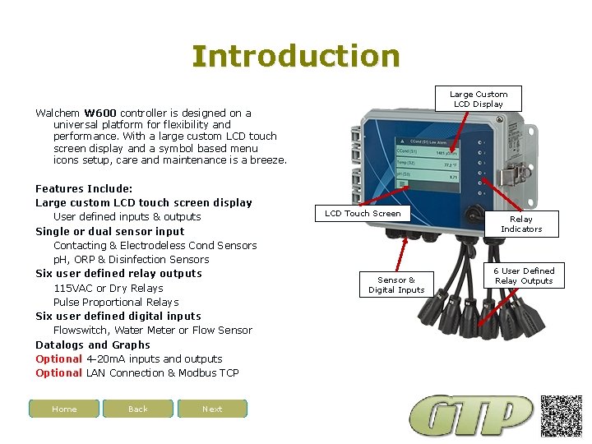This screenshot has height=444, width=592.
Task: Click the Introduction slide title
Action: pos(296,56)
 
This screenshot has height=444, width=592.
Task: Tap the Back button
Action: pos(138,409)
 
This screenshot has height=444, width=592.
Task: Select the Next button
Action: pos(212,409)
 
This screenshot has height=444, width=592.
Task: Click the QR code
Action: pos(562,415)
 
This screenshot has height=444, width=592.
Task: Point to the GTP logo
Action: pos(472,416)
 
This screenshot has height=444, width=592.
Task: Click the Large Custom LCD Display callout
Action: pos(479,99)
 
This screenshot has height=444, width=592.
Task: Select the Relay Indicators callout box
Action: pos(520,224)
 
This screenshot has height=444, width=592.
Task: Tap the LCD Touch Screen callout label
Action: pos(363,214)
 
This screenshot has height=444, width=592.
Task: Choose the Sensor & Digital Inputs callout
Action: pos(396,284)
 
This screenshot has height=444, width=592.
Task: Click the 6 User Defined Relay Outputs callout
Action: pos(524,275)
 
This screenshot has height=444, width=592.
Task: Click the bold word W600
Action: pos(100,113)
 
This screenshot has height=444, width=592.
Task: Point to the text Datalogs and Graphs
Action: pos(93,345)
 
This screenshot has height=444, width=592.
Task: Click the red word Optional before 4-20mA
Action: pos(59,358)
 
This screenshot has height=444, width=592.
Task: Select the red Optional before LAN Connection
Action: pos(59,372)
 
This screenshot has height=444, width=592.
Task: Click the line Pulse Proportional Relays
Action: pos(116,302)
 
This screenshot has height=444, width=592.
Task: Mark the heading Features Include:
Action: pos(84,188)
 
